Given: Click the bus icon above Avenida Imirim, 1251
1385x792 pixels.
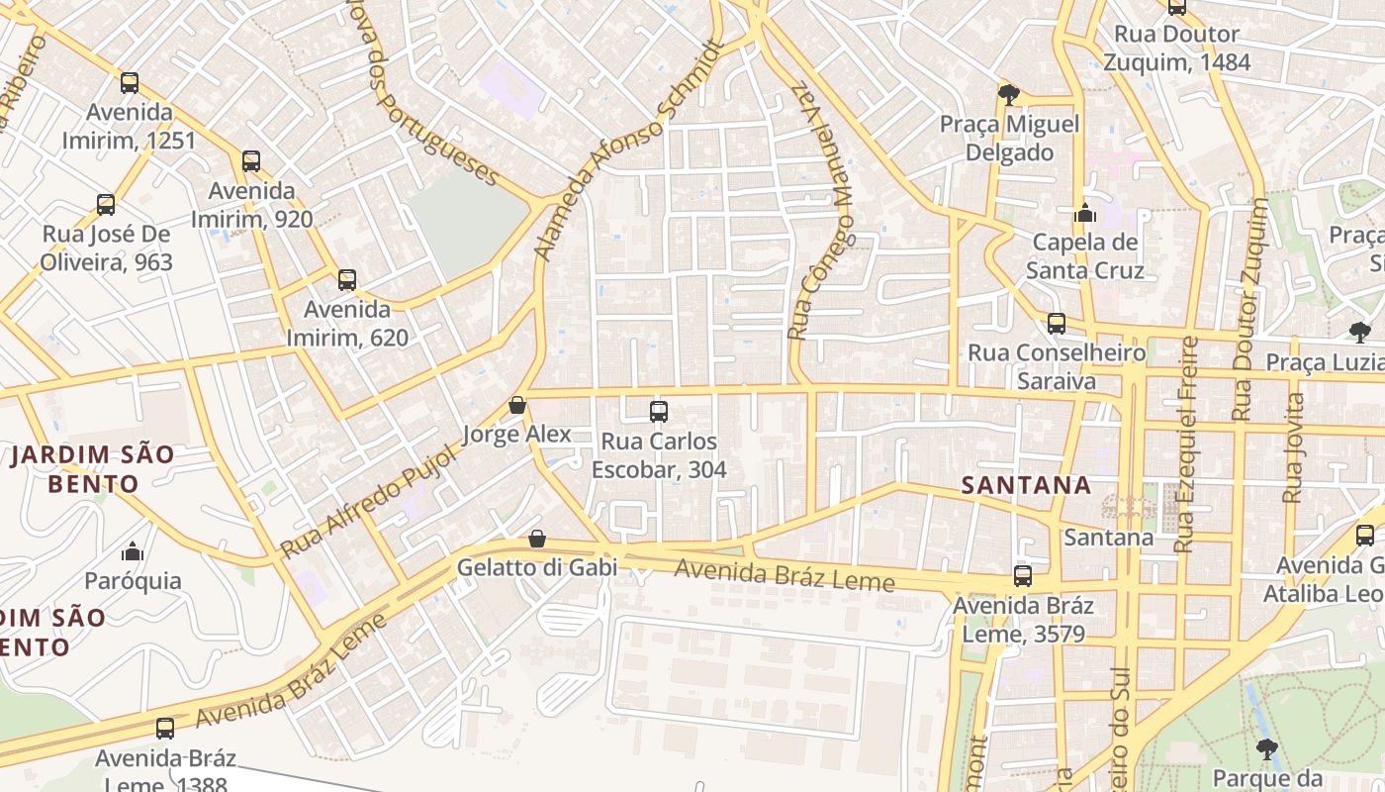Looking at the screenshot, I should click(130, 83).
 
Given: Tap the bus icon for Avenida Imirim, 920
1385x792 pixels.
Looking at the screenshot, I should click(251, 161).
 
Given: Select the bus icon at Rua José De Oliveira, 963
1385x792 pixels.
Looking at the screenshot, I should click(106, 205).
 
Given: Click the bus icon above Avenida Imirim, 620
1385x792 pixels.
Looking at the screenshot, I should click(346, 280).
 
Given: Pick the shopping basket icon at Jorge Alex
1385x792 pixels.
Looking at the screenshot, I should click(516, 405).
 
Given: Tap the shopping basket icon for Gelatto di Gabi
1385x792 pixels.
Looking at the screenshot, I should click(536, 539).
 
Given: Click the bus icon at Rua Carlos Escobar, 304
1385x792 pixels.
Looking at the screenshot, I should click(659, 412).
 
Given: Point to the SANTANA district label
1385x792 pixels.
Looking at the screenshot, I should click(1027, 485).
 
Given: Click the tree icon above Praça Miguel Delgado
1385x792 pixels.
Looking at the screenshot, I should click(1008, 95).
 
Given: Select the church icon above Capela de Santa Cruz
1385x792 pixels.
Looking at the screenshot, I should click(1085, 213).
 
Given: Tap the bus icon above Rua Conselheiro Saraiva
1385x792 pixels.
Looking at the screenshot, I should click(1057, 324).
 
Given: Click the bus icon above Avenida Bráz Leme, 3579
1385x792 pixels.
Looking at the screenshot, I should click(1023, 576).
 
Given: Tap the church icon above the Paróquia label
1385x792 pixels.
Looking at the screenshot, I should click(132, 551).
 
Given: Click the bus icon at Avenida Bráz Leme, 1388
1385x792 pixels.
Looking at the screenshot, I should click(165, 729).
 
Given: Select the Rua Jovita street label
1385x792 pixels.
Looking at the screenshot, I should click(1292, 447).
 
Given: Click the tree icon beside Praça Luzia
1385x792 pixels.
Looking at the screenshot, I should click(1359, 333).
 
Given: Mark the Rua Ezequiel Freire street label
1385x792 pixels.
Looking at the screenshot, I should click(1186, 444).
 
